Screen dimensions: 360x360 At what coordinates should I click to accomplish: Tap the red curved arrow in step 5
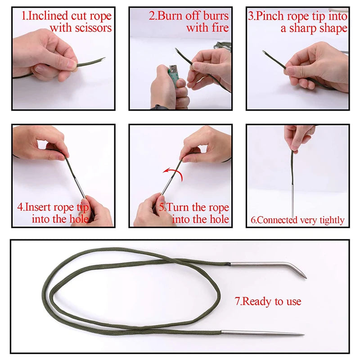[173, 174]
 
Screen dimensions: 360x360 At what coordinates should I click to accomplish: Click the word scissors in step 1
[93, 28]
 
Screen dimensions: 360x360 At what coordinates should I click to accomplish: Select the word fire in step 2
[219, 28]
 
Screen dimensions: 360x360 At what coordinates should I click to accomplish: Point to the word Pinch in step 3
[270, 16]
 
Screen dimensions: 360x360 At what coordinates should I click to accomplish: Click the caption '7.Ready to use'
[268, 301]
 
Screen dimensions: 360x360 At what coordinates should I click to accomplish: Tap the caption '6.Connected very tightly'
[297, 220]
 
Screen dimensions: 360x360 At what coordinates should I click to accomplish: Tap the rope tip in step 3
[265, 53]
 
